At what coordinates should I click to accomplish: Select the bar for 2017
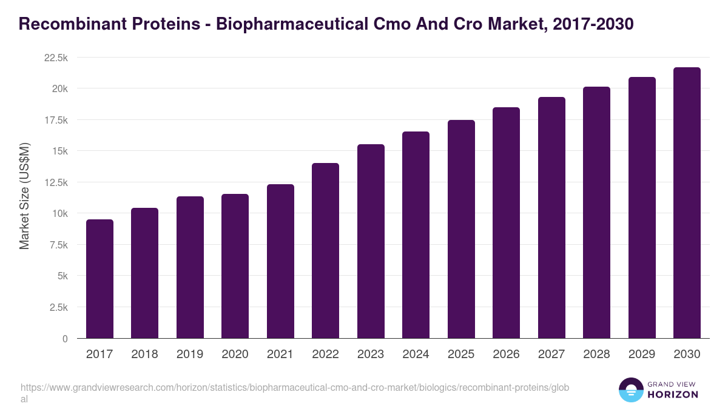click(x=99, y=279)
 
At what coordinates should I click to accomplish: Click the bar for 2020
click(x=235, y=266)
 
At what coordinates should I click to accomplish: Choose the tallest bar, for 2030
click(x=687, y=202)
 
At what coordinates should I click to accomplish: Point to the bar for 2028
click(x=596, y=212)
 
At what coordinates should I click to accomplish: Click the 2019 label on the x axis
click(x=190, y=354)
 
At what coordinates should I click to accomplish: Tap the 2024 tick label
click(x=416, y=354)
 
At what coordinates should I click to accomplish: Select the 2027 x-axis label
click(x=551, y=354)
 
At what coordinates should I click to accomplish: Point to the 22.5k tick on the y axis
click(x=55, y=58)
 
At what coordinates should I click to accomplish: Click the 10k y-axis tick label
click(x=59, y=213)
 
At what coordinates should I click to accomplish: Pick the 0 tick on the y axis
click(x=65, y=339)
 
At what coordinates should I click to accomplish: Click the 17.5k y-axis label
click(x=55, y=120)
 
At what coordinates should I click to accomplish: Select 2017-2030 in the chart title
click(x=594, y=24)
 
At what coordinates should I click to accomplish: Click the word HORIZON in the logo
click(x=673, y=394)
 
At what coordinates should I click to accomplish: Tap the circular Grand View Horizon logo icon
click(x=631, y=390)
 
